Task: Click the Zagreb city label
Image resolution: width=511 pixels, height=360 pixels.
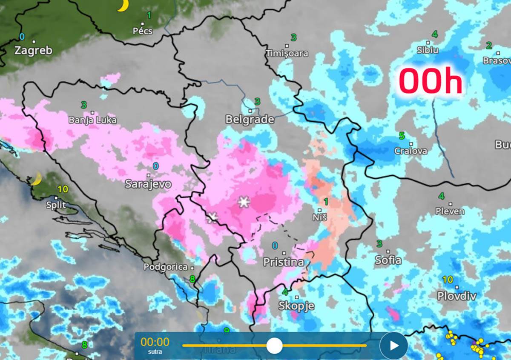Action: coord(33,50)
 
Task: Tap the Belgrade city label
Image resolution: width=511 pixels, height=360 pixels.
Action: coord(250,120)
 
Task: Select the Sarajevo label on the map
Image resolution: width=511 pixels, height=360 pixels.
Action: coord(148,184)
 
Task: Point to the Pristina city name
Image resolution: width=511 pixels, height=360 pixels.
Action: coord(284,262)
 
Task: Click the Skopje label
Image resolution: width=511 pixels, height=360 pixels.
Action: coord(296,306)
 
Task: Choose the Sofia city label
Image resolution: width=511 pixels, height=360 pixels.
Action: coord(388,260)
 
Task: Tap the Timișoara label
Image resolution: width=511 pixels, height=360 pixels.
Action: coord(287,54)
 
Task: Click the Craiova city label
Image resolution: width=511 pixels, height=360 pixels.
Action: coord(411,151)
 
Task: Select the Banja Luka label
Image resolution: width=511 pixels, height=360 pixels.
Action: coord(92,120)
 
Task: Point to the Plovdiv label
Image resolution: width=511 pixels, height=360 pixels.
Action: coord(456,296)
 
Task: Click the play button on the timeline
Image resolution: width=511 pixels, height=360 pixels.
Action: coord(394,346)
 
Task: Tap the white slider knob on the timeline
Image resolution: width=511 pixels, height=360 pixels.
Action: coord(274,346)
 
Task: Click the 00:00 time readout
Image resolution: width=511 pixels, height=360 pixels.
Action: coord(155,342)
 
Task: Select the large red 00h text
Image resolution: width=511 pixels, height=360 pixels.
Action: coord(431,82)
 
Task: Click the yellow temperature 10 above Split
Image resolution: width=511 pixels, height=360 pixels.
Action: coord(63,189)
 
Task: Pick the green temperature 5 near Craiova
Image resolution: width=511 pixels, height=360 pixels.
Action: coord(402,136)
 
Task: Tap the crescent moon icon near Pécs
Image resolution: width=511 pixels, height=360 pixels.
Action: coord(123,5)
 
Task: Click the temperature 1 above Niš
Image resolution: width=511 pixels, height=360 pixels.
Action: coord(326,201)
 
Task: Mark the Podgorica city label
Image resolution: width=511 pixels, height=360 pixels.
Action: coord(166,267)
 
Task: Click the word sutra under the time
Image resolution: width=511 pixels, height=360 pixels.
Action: coord(155,352)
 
